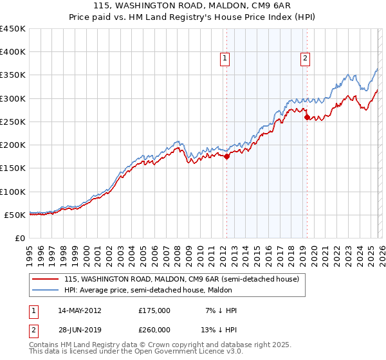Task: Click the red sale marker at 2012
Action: pyautogui.click(x=226, y=156)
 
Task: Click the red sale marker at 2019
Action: pyautogui.click(x=307, y=117)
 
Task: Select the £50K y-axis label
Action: pyautogui.click(x=15, y=215)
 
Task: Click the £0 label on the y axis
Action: pyautogui.click(x=20, y=238)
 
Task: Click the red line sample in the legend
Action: pyautogui.click(x=46, y=280)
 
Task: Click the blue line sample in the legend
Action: pyautogui.click(x=46, y=291)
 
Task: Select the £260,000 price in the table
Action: pyautogui.click(x=154, y=330)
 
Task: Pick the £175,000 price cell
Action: pyautogui.click(x=154, y=310)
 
